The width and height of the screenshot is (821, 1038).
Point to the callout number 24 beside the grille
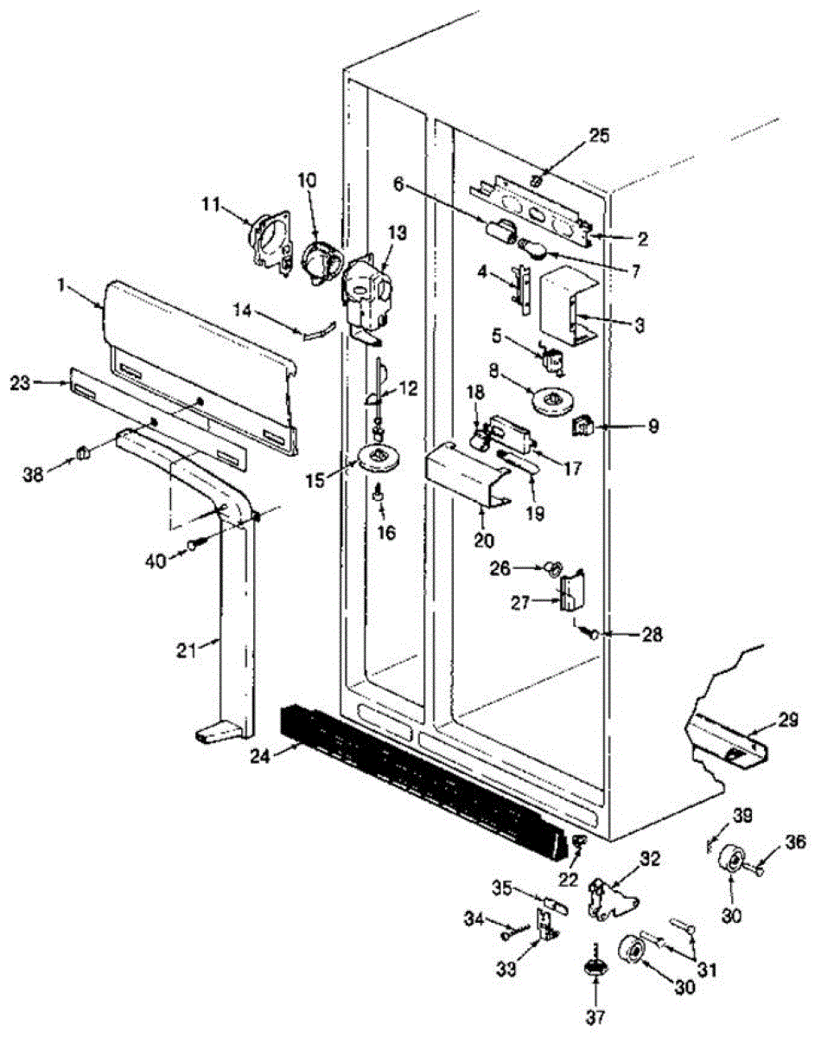coord(260,755)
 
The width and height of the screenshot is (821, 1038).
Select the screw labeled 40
coord(195,545)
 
